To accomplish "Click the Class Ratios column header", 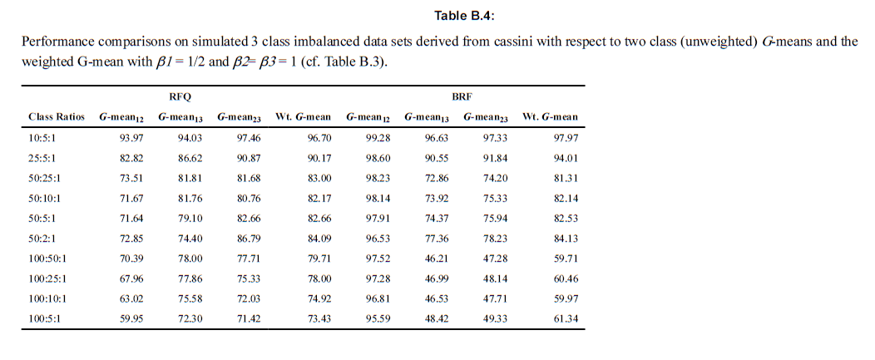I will tap(57, 117).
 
